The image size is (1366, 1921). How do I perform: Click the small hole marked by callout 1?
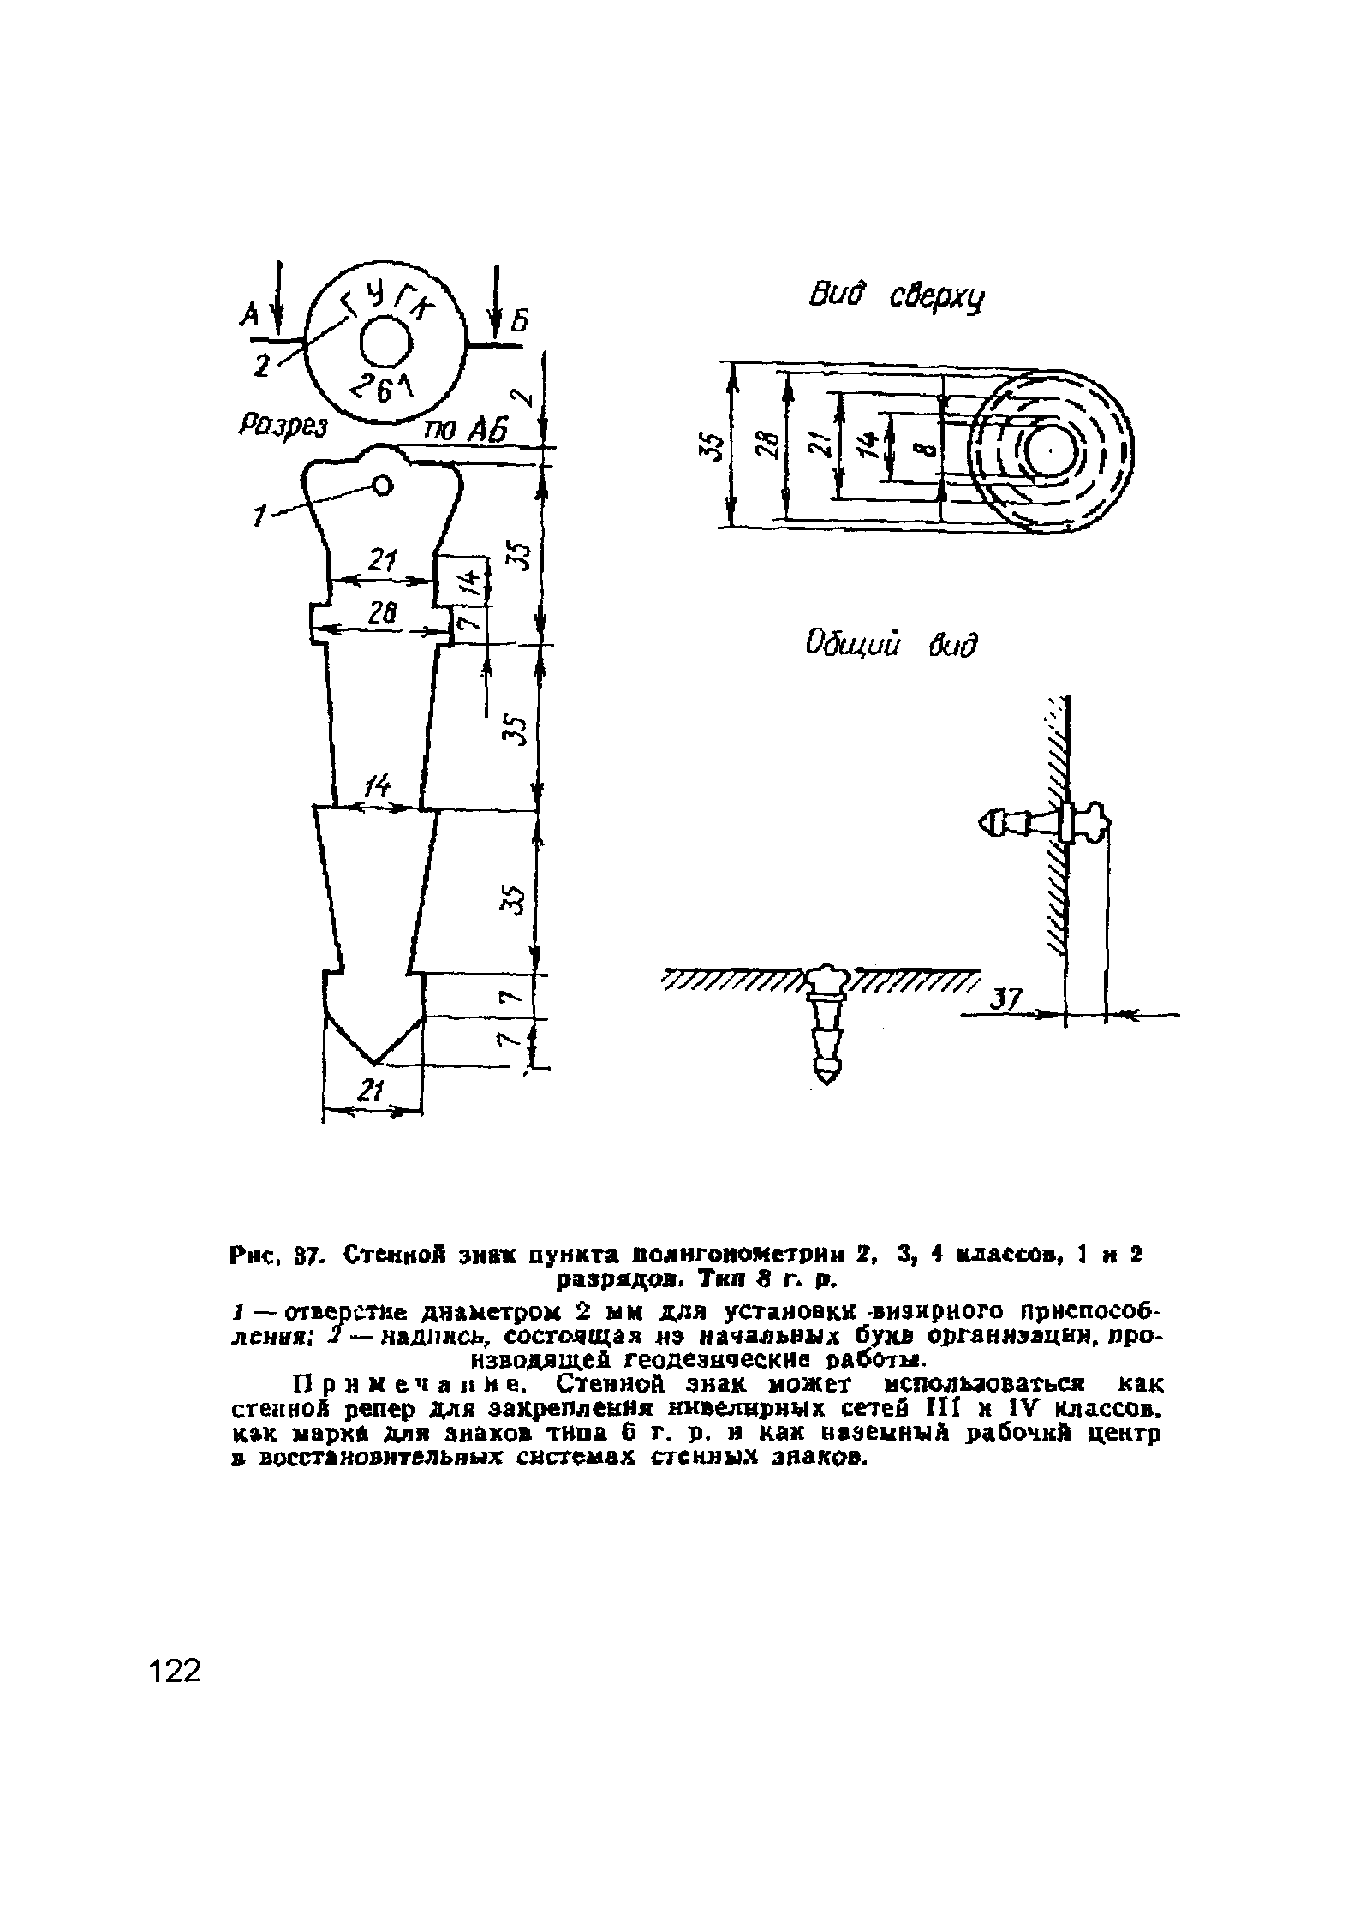[x=382, y=486]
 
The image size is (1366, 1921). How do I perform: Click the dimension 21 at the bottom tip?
[x=370, y=1091]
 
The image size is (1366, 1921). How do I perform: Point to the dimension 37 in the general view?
[x=1007, y=999]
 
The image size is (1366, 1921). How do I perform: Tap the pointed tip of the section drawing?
[x=374, y=1065]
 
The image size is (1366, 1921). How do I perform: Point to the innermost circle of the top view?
[x=1050, y=450]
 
